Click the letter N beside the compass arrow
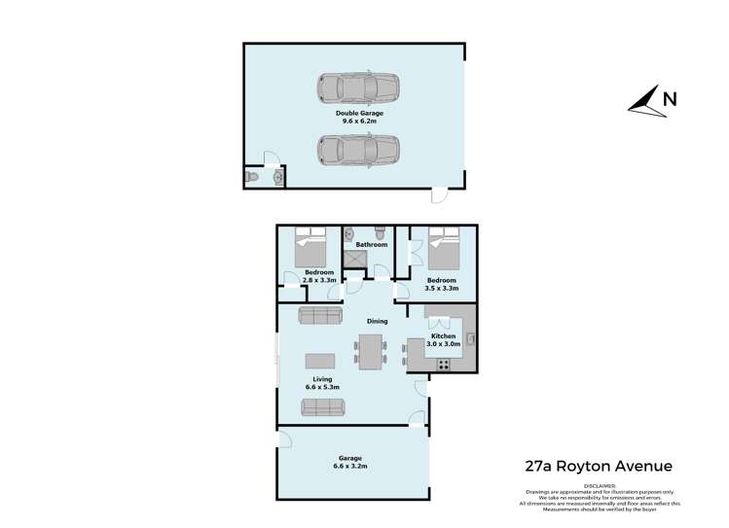[x=669, y=97]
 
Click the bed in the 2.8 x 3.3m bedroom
[x=312, y=249]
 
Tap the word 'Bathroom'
[x=371, y=244]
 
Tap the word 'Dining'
[x=377, y=321]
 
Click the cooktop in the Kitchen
[x=443, y=365]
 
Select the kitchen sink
[x=470, y=338]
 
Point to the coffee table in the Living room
[x=319, y=358]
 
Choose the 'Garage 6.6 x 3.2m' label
[x=350, y=461]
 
